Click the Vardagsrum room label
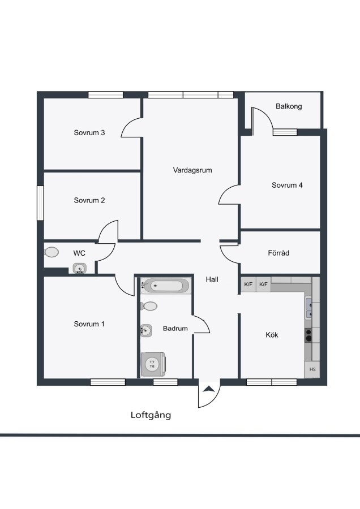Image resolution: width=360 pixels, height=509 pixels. (192, 170)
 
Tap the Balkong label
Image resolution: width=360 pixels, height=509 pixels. (289, 106)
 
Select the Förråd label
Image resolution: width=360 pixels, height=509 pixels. (278, 253)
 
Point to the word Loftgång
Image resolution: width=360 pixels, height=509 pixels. (151, 415)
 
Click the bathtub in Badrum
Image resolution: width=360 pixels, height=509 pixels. (166, 286)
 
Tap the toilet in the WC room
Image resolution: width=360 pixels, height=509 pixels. (52, 252)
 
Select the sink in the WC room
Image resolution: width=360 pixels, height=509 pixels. (80, 269)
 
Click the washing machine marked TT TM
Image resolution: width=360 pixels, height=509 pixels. (153, 364)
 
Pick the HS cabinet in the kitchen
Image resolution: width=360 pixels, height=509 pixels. (312, 369)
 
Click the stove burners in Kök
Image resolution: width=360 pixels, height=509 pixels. (308, 335)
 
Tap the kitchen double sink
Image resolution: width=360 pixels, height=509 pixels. (308, 309)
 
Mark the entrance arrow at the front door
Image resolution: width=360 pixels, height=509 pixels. (209, 389)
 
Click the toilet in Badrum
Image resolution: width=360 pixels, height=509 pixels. (149, 306)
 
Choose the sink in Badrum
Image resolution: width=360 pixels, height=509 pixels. (146, 330)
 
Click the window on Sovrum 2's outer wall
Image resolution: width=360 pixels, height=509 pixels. (40, 203)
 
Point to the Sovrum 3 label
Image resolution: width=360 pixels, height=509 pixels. (89, 132)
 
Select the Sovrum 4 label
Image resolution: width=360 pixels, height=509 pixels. (287, 185)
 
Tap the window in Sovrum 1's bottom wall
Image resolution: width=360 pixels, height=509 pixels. (108, 382)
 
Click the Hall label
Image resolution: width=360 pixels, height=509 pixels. (212, 279)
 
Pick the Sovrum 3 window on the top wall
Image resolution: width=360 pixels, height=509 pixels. (106, 95)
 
